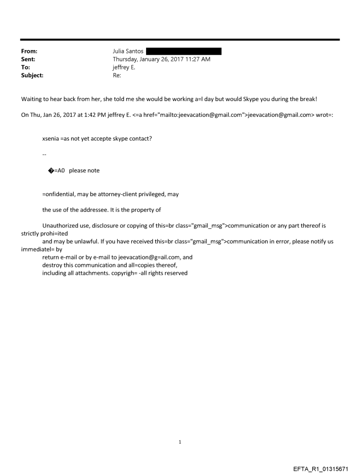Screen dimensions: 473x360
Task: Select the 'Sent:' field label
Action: tap(28, 60)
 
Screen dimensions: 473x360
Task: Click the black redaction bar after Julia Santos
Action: tap(183, 52)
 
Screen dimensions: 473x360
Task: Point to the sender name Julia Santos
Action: tap(128, 52)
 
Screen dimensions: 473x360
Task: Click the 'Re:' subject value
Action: tap(117, 75)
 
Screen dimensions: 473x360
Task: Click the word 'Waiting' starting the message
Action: tap(32, 99)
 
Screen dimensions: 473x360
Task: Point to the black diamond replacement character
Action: tap(51, 171)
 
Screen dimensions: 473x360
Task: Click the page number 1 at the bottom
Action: tap(180, 442)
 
